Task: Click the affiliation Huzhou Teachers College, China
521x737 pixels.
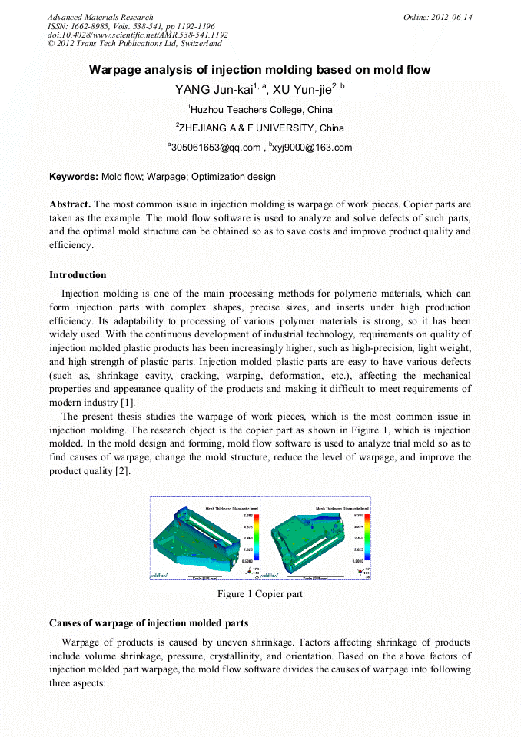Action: (260, 110)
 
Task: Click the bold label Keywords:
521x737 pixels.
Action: (74, 177)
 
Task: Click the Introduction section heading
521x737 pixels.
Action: (78, 275)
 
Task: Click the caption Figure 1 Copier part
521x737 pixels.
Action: (260, 594)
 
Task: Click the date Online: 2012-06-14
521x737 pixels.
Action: (438, 17)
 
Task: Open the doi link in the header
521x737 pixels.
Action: (138, 35)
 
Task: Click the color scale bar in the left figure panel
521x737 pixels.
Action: (257, 539)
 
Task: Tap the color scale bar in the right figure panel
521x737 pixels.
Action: (367, 538)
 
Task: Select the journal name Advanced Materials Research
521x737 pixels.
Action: (100, 17)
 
